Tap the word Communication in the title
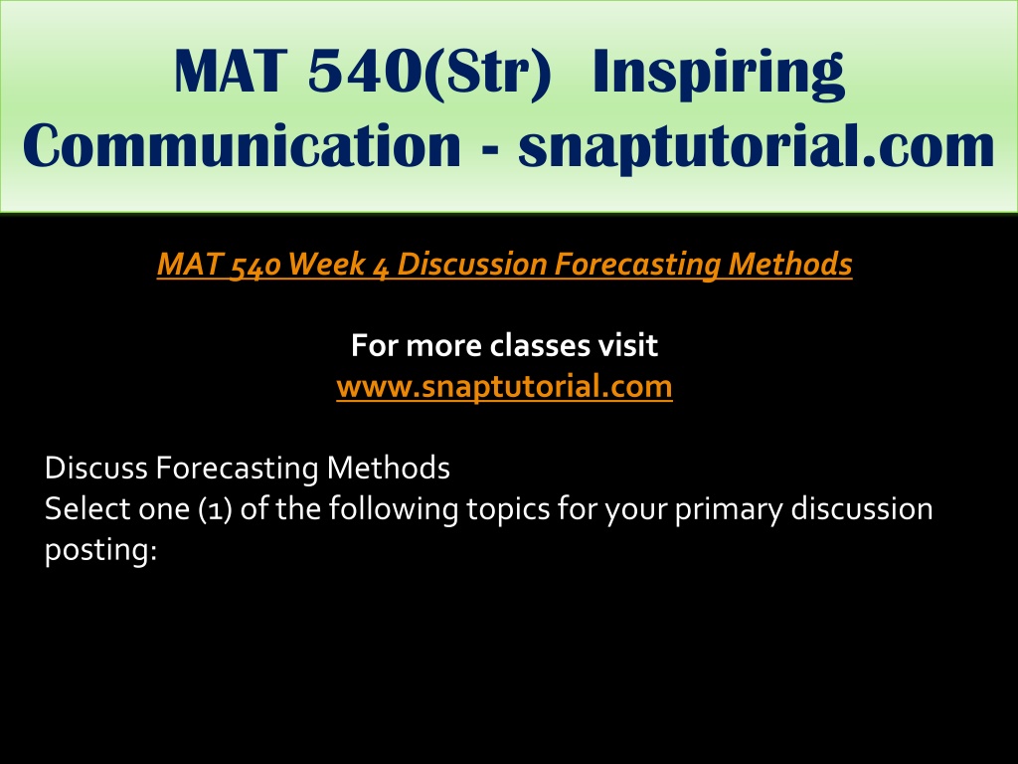pos(242,145)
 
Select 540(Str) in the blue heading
pos(429,74)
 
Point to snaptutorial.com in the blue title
pos(757,148)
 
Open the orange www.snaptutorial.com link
pos(504,387)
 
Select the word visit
pos(628,345)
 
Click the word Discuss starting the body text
pos(96,468)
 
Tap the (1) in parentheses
pos(216,509)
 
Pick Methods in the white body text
pos(389,468)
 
